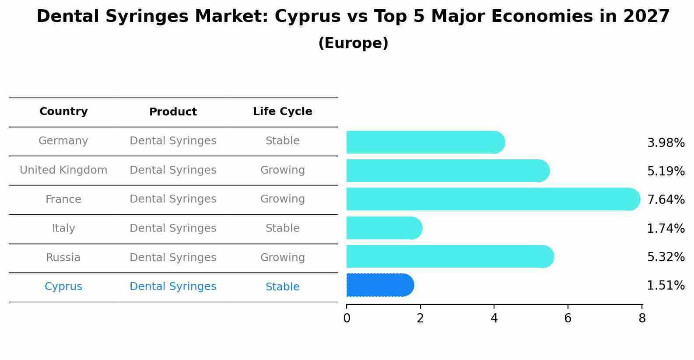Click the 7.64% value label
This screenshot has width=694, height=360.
[x=666, y=200]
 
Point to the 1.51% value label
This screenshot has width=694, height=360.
[x=666, y=286]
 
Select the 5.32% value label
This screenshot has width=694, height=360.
[x=666, y=257]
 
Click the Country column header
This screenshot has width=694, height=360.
[x=63, y=112]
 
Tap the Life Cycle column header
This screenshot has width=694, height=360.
[x=282, y=112]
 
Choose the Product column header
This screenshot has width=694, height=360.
[x=173, y=112]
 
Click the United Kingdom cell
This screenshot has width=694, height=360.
[x=63, y=170]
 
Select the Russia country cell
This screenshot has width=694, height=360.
[x=63, y=258]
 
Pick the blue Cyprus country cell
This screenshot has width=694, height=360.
[x=63, y=287]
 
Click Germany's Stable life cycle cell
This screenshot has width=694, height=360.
[x=282, y=141]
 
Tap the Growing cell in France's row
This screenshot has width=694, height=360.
[x=282, y=199]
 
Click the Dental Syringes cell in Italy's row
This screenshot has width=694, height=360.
[x=173, y=228]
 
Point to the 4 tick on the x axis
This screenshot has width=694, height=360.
[x=494, y=318]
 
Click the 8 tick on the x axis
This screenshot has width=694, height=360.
[x=642, y=318]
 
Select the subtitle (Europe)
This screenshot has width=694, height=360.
[x=353, y=43]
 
